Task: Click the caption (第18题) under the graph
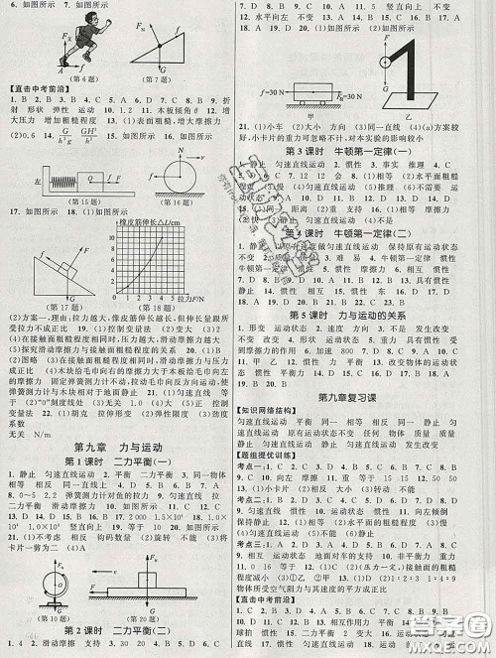(188, 322)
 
